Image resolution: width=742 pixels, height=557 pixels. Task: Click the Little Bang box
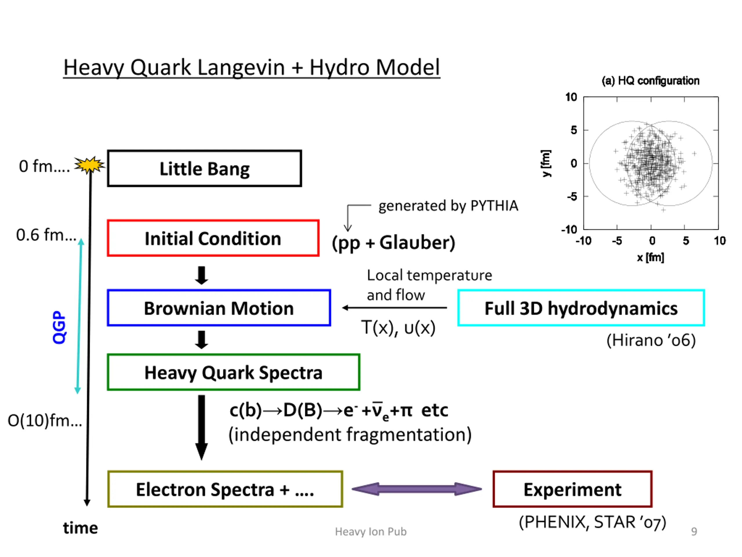204,168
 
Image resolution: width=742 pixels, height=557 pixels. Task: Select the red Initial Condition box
213,238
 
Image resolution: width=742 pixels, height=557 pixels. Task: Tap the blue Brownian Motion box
219,308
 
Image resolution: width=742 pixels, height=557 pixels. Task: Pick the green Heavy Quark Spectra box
233,372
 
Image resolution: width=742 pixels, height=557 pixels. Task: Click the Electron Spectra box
225,489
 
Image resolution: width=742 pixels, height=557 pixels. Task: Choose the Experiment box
572,489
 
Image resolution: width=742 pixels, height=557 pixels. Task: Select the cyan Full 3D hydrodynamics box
581,308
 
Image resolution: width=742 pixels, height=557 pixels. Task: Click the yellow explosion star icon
89,165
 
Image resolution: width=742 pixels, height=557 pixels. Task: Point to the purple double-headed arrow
417,489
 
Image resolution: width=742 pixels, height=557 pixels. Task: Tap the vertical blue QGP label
59,327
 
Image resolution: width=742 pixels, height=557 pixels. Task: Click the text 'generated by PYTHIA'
448,205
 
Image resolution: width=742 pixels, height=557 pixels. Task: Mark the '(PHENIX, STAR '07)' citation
592,522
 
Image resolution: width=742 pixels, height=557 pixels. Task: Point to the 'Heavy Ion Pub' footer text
371,531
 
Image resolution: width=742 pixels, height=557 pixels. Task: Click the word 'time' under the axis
81,528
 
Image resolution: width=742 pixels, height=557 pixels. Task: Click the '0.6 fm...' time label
46,235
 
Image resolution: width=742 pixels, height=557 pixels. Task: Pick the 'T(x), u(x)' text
398,328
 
